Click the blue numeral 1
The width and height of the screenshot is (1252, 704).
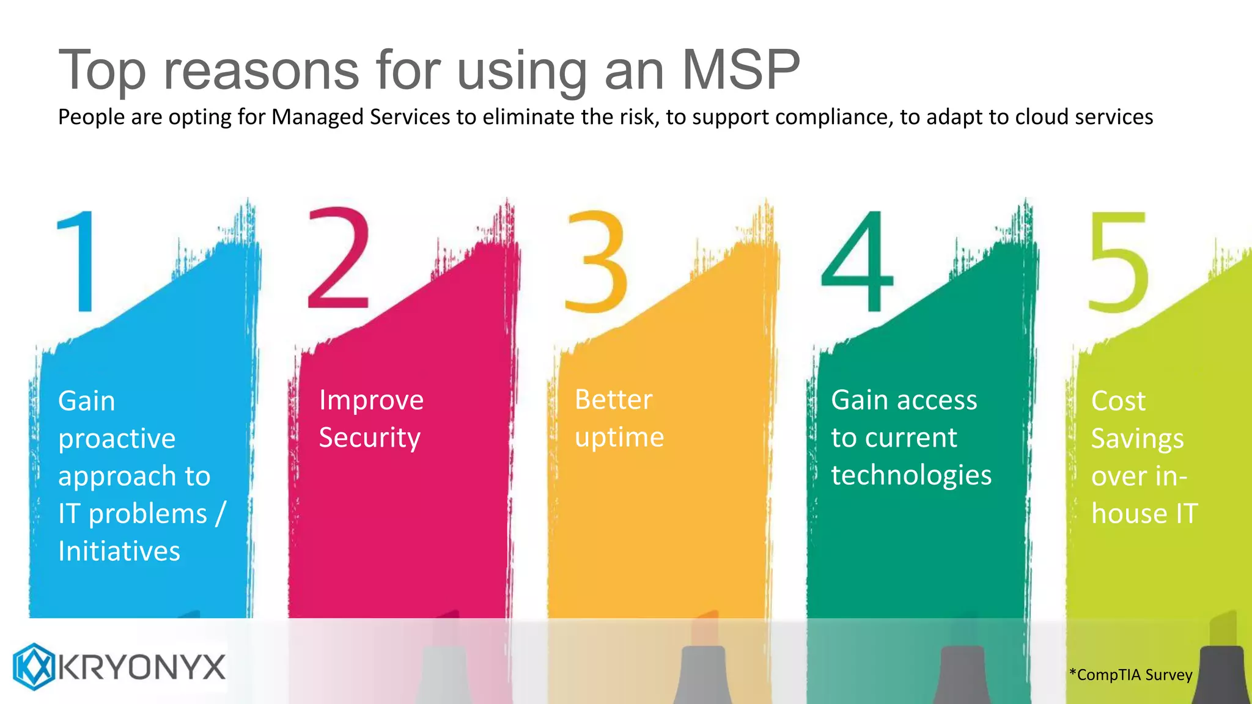pos(79,261)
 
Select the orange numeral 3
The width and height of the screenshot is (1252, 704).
pos(596,262)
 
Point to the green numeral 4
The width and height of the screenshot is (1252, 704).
pos(857,262)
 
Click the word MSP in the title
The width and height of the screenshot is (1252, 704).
pos(740,70)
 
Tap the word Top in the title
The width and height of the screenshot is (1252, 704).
pos(102,71)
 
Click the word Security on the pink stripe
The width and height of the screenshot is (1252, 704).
pos(370,438)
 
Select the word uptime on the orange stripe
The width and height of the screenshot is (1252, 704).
pos(619,438)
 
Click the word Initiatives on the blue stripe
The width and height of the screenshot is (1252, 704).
pos(119,551)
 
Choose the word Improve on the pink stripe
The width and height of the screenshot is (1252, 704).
pos(371,401)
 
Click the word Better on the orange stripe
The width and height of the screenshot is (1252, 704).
pos(614,400)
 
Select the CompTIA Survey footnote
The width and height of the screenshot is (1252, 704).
pos(1131,675)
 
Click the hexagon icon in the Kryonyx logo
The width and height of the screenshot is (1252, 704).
pos(34,666)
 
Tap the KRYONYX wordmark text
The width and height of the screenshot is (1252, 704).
pos(143,667)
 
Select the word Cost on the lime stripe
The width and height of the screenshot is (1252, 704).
pos(1118,402)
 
